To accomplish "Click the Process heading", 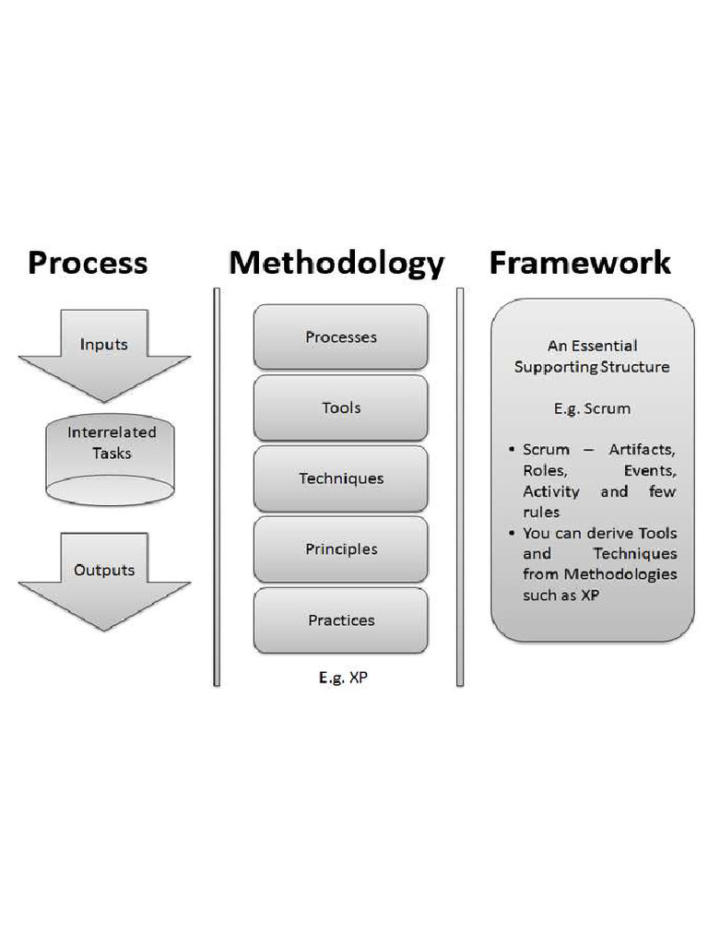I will (x=88, y=263).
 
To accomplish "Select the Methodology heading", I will (x=336, y=264).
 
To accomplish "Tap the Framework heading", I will (x=580, y=263).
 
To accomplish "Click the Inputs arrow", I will (x=103, y=350).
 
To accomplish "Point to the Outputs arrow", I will (x=104, y=576).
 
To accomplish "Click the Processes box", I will (x=341, y=337).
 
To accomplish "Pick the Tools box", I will (x=341, y=407).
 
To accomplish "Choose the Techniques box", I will (x=341, y=478).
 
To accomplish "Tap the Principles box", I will (x=341, y=549).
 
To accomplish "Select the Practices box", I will (x=341, y=620).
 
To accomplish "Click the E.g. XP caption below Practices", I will (x=343, y=678).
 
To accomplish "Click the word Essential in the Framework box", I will (x=605, y=347).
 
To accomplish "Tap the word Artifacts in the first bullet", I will (x=643, y=450).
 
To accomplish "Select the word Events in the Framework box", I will (x=651, y=470).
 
